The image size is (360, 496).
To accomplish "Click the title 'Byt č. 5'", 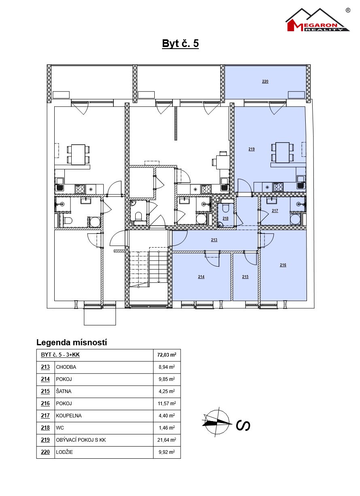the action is pos(180,43).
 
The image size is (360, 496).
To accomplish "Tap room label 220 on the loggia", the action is pos(265,81).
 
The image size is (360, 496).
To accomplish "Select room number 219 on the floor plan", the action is pos(251,149).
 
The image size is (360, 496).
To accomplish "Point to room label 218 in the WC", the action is pos(226,218).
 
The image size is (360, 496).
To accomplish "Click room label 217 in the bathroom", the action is pos(275,211).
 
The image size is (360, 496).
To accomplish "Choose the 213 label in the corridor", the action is pos(214,240).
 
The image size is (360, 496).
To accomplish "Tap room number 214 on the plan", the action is pos(201,276).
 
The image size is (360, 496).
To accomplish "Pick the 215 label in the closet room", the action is pos(245,276).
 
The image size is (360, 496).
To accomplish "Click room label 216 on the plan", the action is pos(283,265).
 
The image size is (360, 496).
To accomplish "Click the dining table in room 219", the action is pos(283,152).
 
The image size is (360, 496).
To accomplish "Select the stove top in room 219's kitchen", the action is pos(278,187).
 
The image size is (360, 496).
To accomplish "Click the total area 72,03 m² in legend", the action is pos(166,355).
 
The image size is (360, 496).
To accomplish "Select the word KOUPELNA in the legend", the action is pos(68,416).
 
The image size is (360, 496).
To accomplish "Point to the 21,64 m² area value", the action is pos(166,440).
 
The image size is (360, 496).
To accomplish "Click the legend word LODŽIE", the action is pos(64,452).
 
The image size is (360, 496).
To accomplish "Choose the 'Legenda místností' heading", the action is pos(71,342).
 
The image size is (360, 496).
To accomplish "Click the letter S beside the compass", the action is pos(243,425).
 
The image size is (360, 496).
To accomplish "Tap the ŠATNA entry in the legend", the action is pos(64,391).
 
